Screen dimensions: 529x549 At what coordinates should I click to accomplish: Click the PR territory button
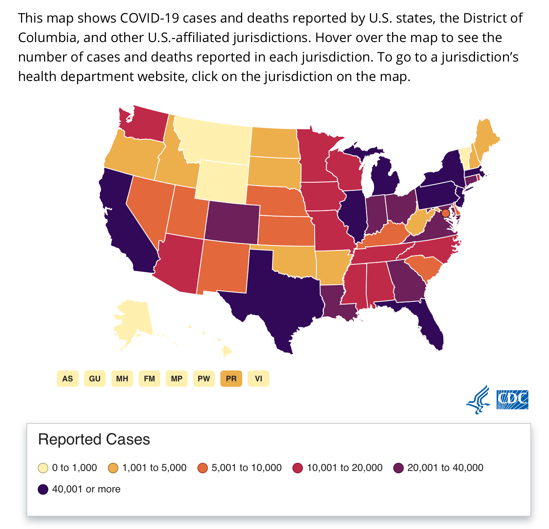[231, 379]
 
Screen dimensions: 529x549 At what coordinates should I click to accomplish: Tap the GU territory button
[95, 379]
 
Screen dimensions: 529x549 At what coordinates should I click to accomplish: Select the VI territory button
[258, 379]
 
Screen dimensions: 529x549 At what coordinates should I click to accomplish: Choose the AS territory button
[67, 379]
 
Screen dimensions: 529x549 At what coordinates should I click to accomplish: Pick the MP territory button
[176, 379]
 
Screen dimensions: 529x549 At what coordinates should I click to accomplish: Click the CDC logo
[512, 400]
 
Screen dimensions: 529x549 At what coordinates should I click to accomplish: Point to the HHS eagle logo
[478, 400]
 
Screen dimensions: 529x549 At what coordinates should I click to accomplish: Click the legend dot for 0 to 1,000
[43, 468]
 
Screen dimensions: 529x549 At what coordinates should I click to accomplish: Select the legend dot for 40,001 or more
[43, 489]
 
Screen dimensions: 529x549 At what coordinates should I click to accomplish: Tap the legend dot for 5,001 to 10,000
[202, 468]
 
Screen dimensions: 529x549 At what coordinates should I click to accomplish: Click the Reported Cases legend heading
[94, 439]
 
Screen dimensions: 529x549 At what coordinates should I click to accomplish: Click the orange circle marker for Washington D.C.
[446, 213]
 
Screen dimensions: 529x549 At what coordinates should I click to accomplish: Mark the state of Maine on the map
[486, 138]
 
